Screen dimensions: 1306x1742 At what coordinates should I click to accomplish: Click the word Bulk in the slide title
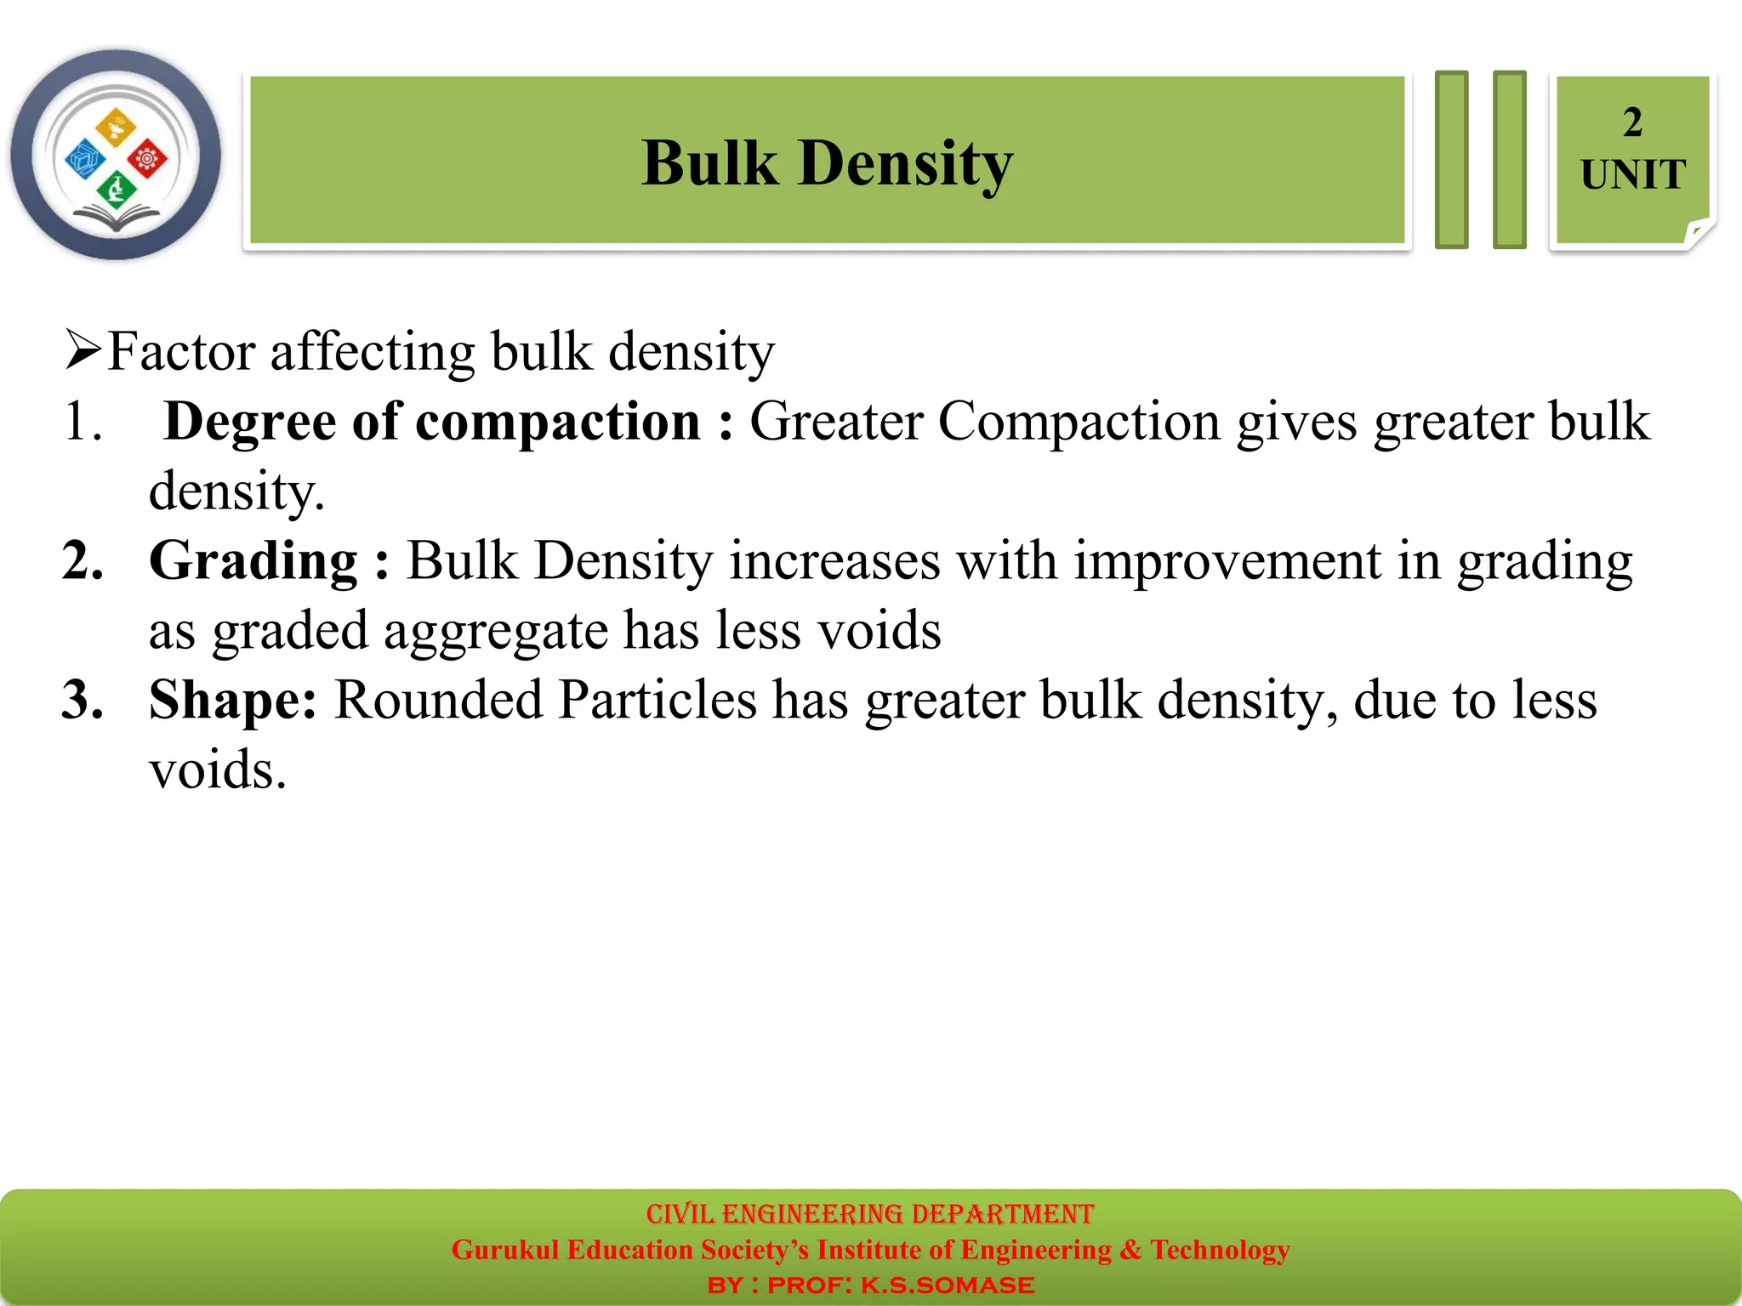(x=709, y=162)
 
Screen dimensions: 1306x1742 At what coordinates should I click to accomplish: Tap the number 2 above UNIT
(x=1631, y=122)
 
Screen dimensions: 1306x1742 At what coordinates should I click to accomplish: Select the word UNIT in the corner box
(x=1632, y=175)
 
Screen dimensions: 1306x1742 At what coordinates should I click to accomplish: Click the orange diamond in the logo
(x=116, y=128)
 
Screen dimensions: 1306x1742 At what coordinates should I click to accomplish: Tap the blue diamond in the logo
(x=85, y=159)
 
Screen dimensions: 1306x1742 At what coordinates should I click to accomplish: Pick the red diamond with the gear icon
(x=147, y=158)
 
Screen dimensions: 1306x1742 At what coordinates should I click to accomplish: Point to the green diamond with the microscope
(x=117, y=189)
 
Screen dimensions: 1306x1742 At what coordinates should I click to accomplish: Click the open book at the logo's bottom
(x=116, y=221)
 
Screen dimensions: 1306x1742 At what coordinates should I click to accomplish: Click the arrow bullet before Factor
(x=83, y=350)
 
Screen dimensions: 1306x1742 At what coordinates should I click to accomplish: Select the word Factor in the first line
(x=181, y=351)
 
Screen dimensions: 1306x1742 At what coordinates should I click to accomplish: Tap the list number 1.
(x=82, y=422)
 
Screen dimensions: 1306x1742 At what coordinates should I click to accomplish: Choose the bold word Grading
(x=253, y=561)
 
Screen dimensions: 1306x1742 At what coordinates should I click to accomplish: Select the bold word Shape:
(x=232, y=701)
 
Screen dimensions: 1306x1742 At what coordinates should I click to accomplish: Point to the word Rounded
(x=438, y=701)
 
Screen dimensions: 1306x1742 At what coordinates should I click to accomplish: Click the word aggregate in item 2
(x=495, y=631)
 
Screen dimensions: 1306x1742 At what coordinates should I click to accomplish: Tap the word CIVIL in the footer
(x=680, y=1213)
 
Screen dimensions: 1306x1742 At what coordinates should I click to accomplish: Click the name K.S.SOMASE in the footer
(x=947, y=1285)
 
